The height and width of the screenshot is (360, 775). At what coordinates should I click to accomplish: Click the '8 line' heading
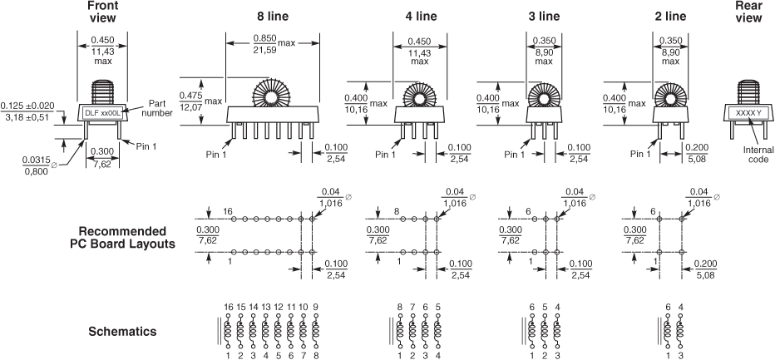tap(273, 17)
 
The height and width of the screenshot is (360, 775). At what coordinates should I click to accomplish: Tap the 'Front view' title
tap(101, 12)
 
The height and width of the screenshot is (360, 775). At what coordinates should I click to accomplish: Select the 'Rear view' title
tap(748, 12)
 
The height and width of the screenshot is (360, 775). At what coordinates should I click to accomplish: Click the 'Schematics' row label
tap(122, 332)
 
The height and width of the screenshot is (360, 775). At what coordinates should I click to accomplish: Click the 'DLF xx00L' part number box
tap(103, 112)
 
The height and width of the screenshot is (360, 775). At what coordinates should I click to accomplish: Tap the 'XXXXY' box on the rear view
tap(748, 113)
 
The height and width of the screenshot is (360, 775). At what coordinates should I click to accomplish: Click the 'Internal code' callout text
tap(756, 155)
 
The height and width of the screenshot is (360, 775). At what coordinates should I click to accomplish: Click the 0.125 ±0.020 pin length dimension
tap(27, 111)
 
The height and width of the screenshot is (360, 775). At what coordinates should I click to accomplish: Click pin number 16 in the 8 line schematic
tap(228, 307)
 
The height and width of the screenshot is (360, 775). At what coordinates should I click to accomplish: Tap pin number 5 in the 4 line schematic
tap(438, 307)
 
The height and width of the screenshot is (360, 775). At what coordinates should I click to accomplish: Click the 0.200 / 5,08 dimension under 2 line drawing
tap(697, 153)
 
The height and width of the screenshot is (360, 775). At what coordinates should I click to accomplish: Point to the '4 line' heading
tap(420, 17)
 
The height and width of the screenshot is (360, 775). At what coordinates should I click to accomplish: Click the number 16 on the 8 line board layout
tap(228, 211)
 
